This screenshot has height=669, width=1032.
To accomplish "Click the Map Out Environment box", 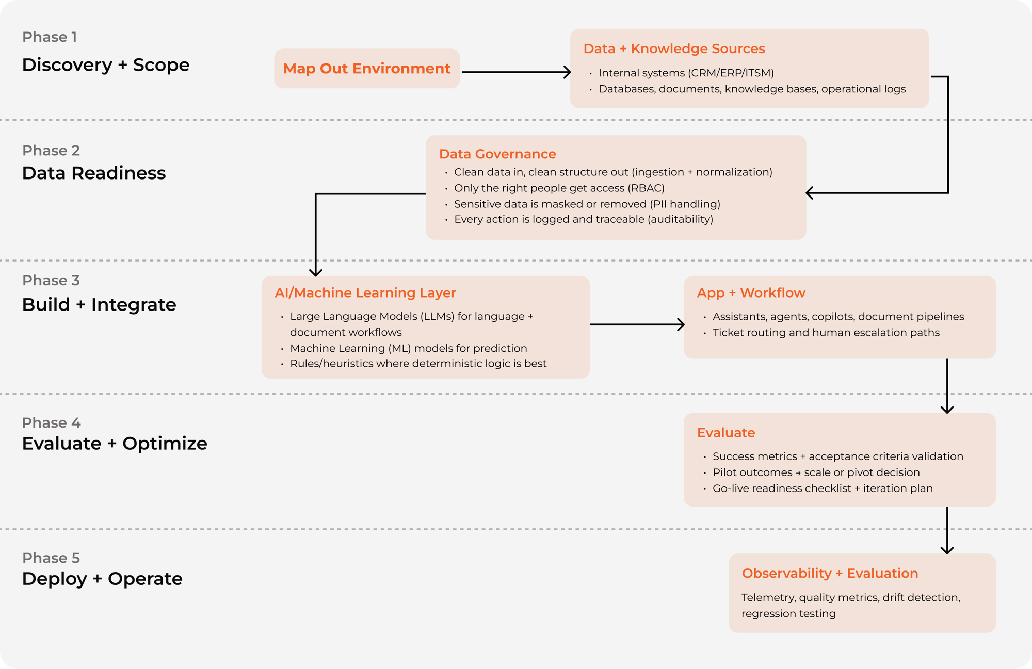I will pos(366,69).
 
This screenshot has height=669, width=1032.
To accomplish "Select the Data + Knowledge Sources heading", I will pos(674,48).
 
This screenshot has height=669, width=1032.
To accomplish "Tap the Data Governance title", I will pos(497,154).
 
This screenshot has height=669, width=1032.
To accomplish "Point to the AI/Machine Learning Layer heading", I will pos(365,292).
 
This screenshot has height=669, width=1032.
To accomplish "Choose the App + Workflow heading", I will pos(751,292).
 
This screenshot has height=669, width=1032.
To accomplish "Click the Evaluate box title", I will pos(725,432).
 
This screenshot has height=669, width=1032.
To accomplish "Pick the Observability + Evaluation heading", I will pos(830,573).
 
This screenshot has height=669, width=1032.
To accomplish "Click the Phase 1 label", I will pos(50,37).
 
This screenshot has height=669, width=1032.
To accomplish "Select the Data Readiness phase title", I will pos(94,173).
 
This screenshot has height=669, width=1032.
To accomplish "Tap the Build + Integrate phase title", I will pos(99,304).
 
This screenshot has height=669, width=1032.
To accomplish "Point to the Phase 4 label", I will pos(51,422).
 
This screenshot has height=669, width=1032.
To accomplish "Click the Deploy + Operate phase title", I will pos(102,578).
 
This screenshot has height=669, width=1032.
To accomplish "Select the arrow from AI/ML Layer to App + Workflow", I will pos(636,324).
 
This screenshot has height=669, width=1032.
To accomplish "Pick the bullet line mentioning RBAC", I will pos(559,188).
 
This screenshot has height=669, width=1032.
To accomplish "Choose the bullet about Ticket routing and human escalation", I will pos(826,332).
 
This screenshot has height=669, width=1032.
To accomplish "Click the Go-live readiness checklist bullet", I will pos(823,488).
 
